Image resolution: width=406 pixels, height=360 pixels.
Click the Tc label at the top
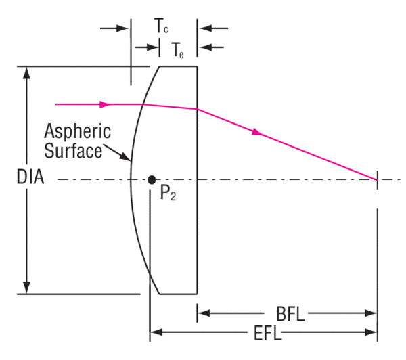pos(162,28)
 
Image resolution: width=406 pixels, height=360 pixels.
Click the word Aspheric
pos(78,131)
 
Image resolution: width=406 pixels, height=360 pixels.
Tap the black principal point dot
pos(152,179)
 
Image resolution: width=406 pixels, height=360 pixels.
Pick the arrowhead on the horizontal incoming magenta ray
pos(104,104)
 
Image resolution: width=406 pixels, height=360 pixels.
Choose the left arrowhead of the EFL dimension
pos(155,332)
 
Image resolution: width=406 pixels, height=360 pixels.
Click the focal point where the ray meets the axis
pos(376,179)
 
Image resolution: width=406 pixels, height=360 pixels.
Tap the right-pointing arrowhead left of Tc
pos(124,28)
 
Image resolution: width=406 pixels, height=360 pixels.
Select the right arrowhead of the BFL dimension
pos(372,313)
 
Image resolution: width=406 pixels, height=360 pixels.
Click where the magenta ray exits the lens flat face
pos(197,109)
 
